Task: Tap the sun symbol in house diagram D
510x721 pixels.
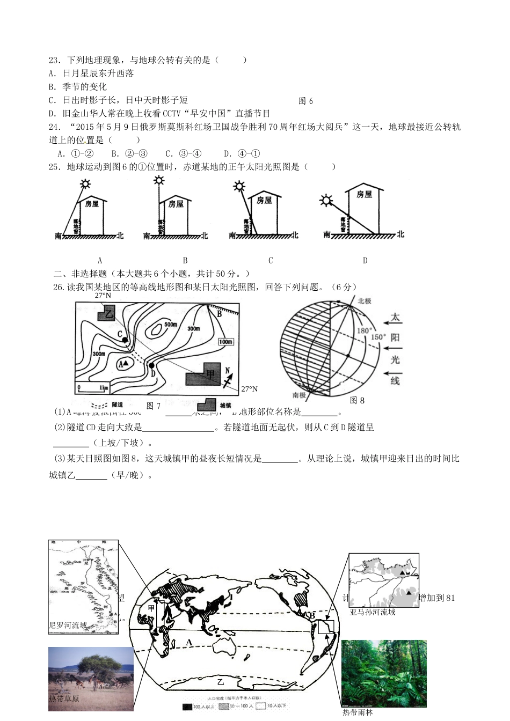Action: pos(325,201)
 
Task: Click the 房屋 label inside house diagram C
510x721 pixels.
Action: pos(264,200)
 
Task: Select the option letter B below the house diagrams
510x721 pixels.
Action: pos(185,260)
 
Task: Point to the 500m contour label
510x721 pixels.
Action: pos(171,325)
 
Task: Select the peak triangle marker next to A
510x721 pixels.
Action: pos(126,363)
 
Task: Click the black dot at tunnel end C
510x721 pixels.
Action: pos(125,340)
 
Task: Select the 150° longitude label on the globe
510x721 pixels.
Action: pos(377,337)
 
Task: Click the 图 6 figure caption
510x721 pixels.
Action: pos(305,101)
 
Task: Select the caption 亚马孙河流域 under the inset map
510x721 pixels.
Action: pos(373,612)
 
